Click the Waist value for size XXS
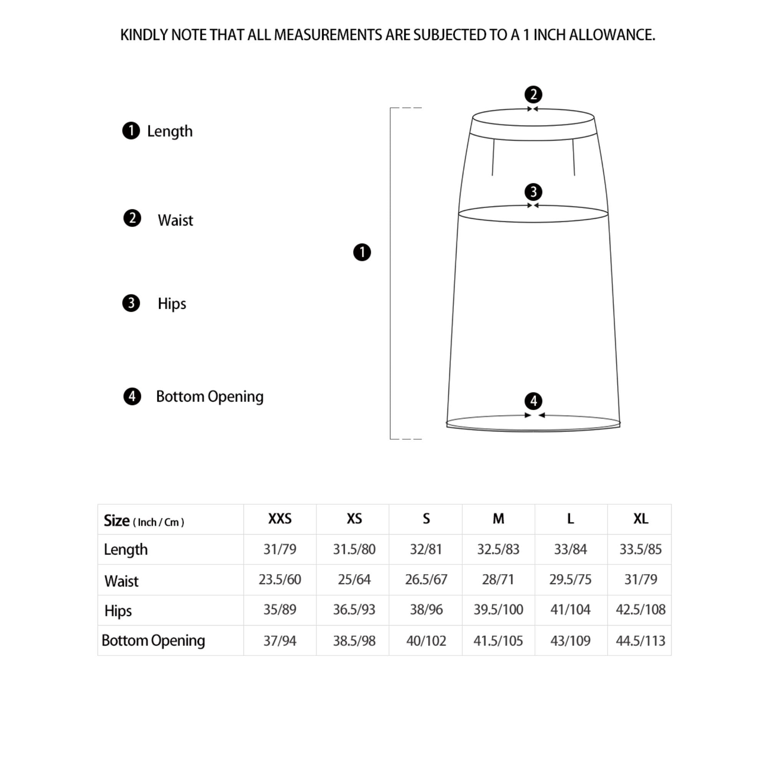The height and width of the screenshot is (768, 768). pos(280,579)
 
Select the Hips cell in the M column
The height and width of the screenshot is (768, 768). pos(498,609)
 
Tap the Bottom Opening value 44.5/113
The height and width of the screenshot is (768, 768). pos(640,641)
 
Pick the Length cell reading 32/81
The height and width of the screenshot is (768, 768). pos(426,550)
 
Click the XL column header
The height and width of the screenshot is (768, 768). pos(641,519)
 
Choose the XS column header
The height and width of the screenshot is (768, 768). pos(354,519)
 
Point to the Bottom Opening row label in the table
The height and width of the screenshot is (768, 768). pos(153,641)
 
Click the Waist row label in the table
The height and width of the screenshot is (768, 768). pos(121,581)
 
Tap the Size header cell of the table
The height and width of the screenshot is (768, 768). pos(144,521)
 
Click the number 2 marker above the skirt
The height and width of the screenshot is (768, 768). pos(533,94)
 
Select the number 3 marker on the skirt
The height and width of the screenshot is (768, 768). pos(533,192)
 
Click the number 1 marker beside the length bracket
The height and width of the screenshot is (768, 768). pos(362,252)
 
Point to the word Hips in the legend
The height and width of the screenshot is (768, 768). pos(172,304)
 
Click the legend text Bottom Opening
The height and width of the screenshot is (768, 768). pos(210,397)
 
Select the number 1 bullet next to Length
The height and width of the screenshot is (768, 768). pos(131,131)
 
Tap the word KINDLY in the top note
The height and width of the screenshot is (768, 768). pos(144,35)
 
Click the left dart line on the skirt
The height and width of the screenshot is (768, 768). pos(493,157)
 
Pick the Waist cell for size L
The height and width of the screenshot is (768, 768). pos(570,579)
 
